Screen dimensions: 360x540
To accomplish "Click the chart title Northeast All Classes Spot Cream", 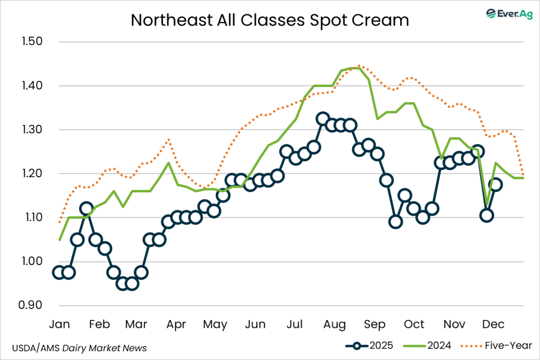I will tap(270, 20).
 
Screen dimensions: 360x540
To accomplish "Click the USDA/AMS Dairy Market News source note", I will tap(79, 348).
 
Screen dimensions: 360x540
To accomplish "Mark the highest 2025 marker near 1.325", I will tap(323, 119).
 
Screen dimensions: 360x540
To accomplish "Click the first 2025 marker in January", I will tap(60, 272).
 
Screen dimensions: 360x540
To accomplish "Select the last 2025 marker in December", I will tap(496, 184).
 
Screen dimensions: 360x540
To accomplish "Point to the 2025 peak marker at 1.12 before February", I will tap(86, 209).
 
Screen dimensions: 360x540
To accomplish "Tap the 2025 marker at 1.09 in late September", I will tap(396, 221).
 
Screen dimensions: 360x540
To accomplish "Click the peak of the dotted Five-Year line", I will tap(359, 66).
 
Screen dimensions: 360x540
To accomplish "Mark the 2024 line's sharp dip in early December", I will tap(487, 203).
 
